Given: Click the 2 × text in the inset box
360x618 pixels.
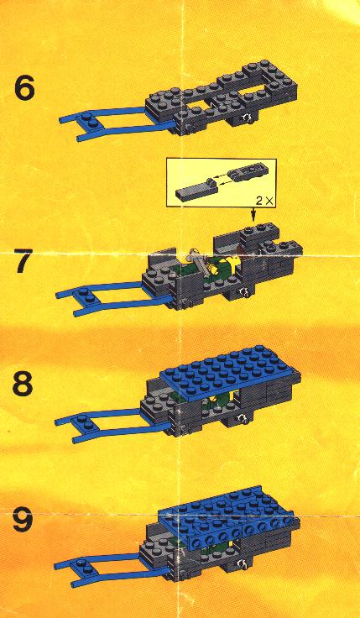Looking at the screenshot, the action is pos(263,200).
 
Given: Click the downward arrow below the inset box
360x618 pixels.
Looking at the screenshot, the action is pos(253,213).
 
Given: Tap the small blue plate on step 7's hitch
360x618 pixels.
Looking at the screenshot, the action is pos(86,296).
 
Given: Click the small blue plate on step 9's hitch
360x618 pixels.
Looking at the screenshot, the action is pos(85,566).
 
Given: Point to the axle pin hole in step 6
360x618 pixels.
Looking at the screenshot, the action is pos(247,117).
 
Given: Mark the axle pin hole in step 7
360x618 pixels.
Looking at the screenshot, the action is pos(244,292).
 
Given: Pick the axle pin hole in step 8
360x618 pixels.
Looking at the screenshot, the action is pos(243,419).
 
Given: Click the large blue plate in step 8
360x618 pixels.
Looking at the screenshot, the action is pos(231,373).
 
